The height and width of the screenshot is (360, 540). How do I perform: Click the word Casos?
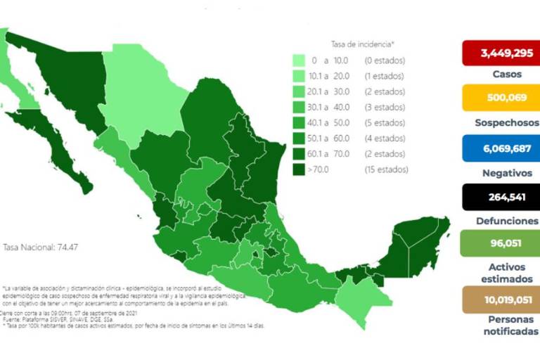coord(500,73)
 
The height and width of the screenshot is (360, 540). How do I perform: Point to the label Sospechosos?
coord(500,122)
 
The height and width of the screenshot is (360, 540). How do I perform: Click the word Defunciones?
coord(500,220)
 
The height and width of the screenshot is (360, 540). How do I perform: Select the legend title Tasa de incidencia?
coord(362,44)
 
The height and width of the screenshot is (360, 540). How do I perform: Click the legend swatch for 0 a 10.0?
coord(299,60)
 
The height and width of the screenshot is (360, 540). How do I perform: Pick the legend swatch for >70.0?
coord(299,169)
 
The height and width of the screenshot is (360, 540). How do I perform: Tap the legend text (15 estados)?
coord(386,169)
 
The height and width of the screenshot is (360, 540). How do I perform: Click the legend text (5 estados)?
coord(385,123)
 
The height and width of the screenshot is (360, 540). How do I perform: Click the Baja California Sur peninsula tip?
coord(84,186)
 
